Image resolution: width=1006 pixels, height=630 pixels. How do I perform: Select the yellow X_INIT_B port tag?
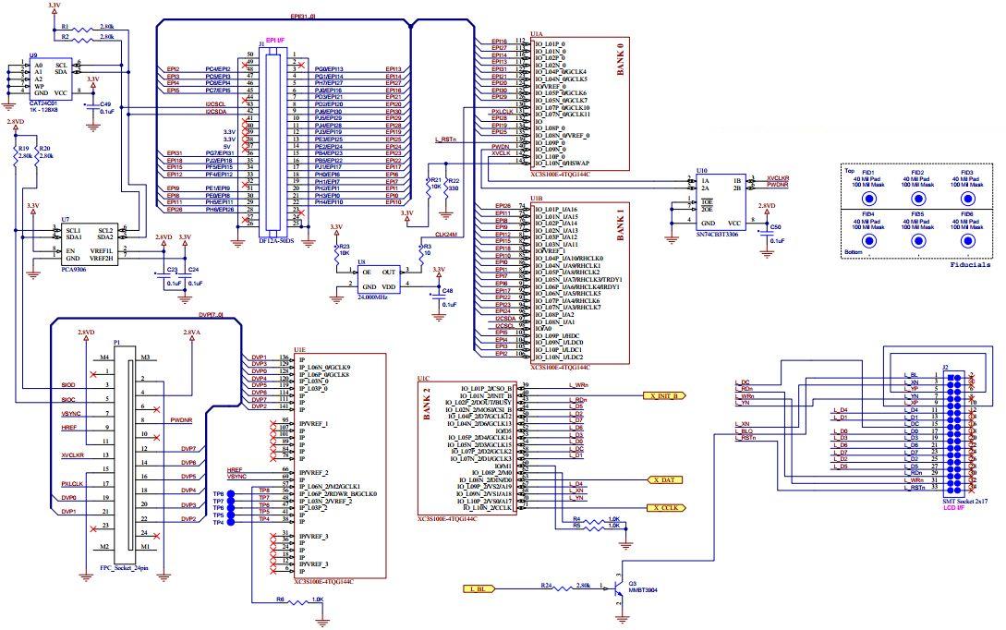pyautogui.click(x=664, y=395)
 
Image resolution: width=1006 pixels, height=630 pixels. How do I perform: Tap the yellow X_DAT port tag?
pyautogui.click(x=666, y=480)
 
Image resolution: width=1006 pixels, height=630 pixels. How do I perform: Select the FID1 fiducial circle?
pyautogui.click(x=868, y=199)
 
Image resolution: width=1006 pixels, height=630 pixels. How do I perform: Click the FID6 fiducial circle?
pyautogui.click(x=968, y=240)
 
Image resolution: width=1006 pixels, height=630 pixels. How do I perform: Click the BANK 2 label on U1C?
pyautogui.click(x=428, y=405)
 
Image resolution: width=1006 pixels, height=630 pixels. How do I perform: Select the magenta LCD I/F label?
pyautogui.click(x=954, y=508)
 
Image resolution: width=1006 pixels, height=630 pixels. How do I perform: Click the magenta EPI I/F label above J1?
pyautogui.click(x=275, y=40)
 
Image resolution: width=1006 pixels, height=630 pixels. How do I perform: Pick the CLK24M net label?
pyautogui.click(x=446, y=235)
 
